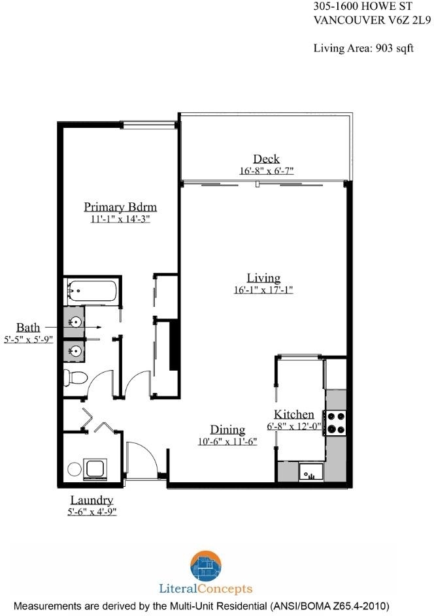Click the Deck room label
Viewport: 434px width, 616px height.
point(267,159)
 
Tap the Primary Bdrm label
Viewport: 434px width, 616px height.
point(120,207)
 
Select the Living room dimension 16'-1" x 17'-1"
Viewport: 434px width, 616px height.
point(263,290)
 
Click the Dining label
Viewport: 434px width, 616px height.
point(227,430)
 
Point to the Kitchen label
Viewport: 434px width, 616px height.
point(294,414)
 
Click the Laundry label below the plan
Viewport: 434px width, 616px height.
point(92,500)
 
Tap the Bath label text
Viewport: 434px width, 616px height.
point(28,328)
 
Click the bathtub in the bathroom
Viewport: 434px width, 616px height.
point(92,291)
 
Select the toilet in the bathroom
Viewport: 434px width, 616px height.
point(75,378)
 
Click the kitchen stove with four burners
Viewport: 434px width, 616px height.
point(335,423)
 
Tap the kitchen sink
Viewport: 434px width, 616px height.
point(311,471)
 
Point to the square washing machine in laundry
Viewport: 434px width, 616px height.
point(95,469)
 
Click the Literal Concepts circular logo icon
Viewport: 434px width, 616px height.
point(206,566)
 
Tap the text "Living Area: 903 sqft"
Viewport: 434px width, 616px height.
point(363,48)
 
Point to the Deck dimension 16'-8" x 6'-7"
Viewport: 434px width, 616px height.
point(267,171)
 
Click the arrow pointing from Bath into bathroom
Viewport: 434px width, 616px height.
point(73,327)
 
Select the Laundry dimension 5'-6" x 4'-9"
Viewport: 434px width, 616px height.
point(92,512)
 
